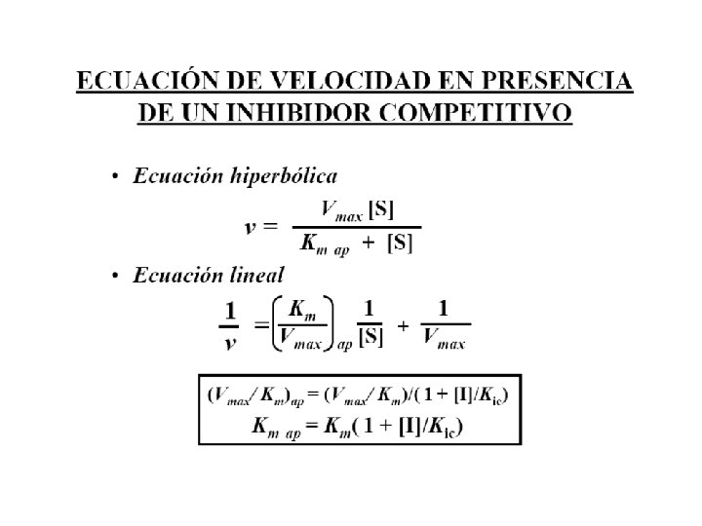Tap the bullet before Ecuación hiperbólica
coord(115,177)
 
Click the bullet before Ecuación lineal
coord(115,277)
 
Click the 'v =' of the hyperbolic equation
coord(260,227)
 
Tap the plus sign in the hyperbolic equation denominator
coord(369,244)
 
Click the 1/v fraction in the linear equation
coord(231,325)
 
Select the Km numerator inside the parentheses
coord(304,311)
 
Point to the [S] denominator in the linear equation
coord(370,337)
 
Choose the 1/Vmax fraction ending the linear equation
coord(445,325)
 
